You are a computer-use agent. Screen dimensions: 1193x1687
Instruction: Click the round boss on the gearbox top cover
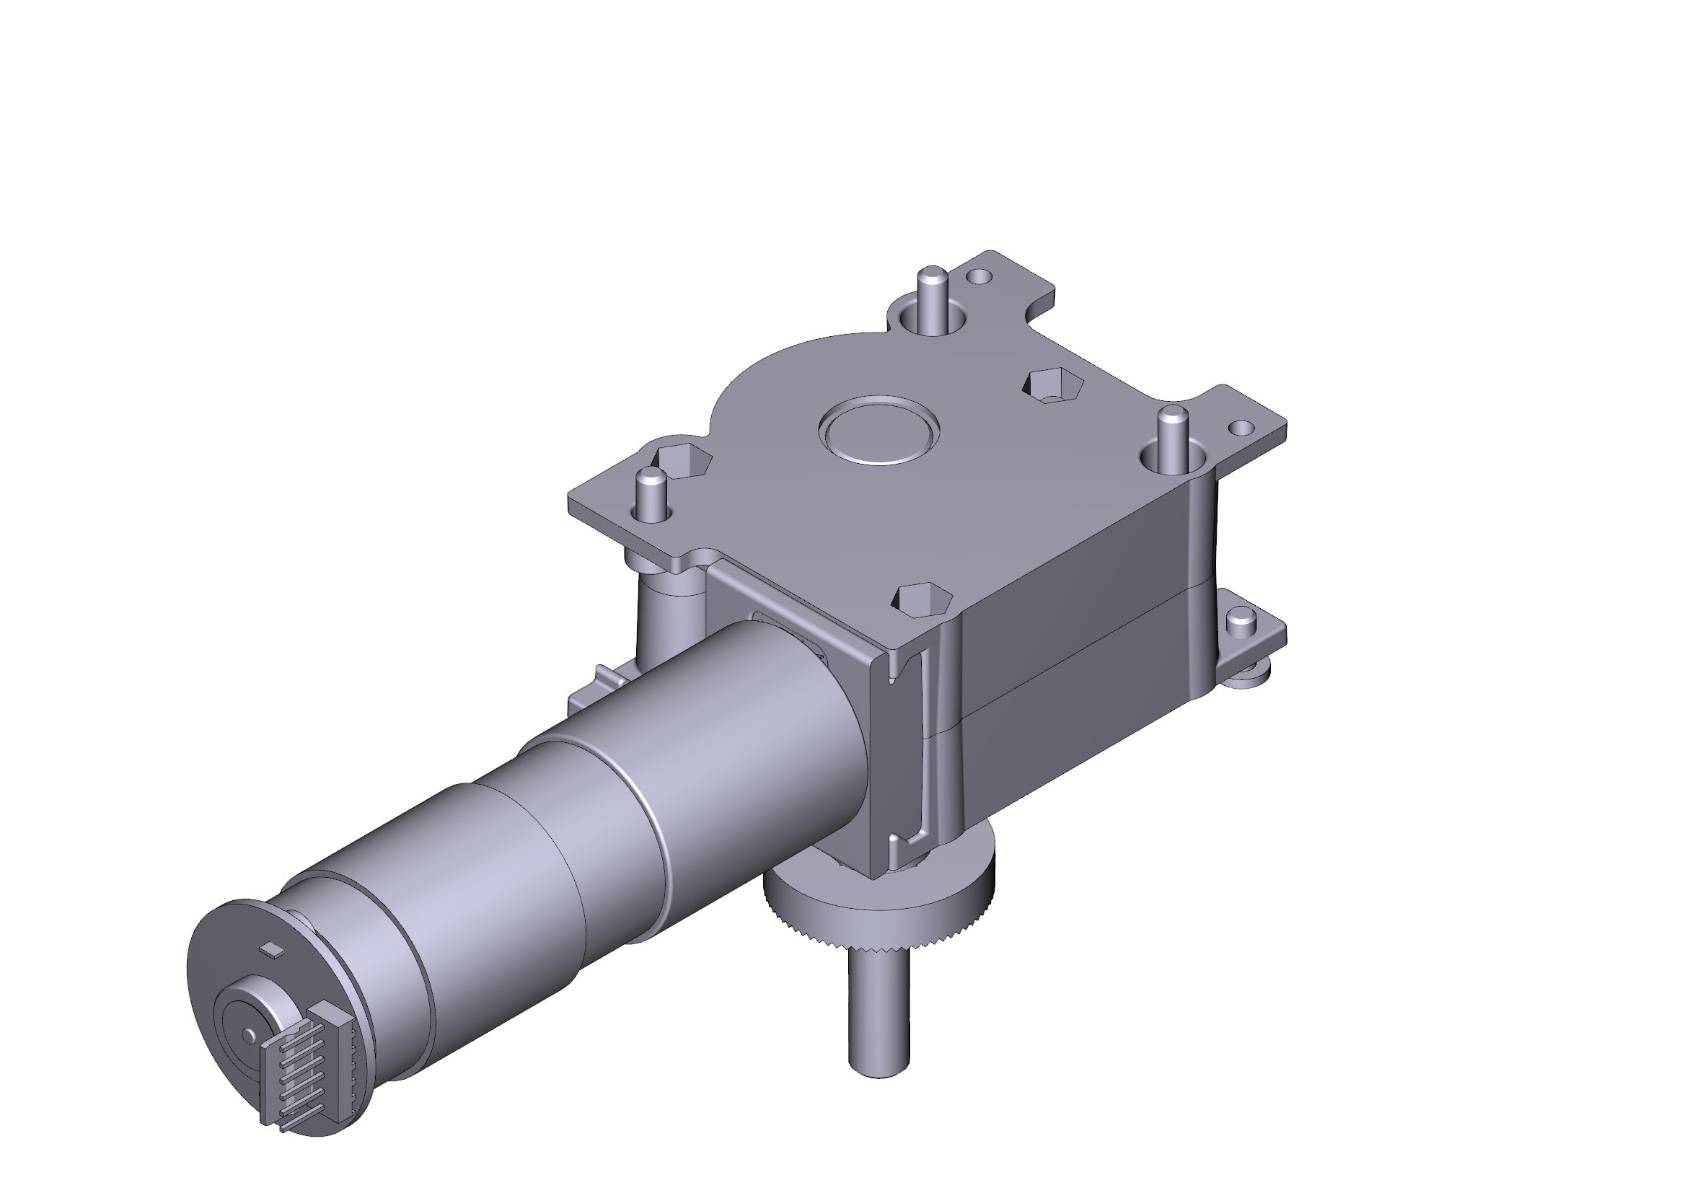878,431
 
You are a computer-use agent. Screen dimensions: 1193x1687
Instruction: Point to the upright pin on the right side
1171,433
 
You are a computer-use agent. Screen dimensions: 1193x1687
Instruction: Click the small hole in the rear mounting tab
978,276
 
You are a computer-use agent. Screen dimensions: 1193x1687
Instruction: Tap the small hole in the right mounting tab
1241,426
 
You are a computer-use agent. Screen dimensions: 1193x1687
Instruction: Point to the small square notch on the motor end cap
274,949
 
